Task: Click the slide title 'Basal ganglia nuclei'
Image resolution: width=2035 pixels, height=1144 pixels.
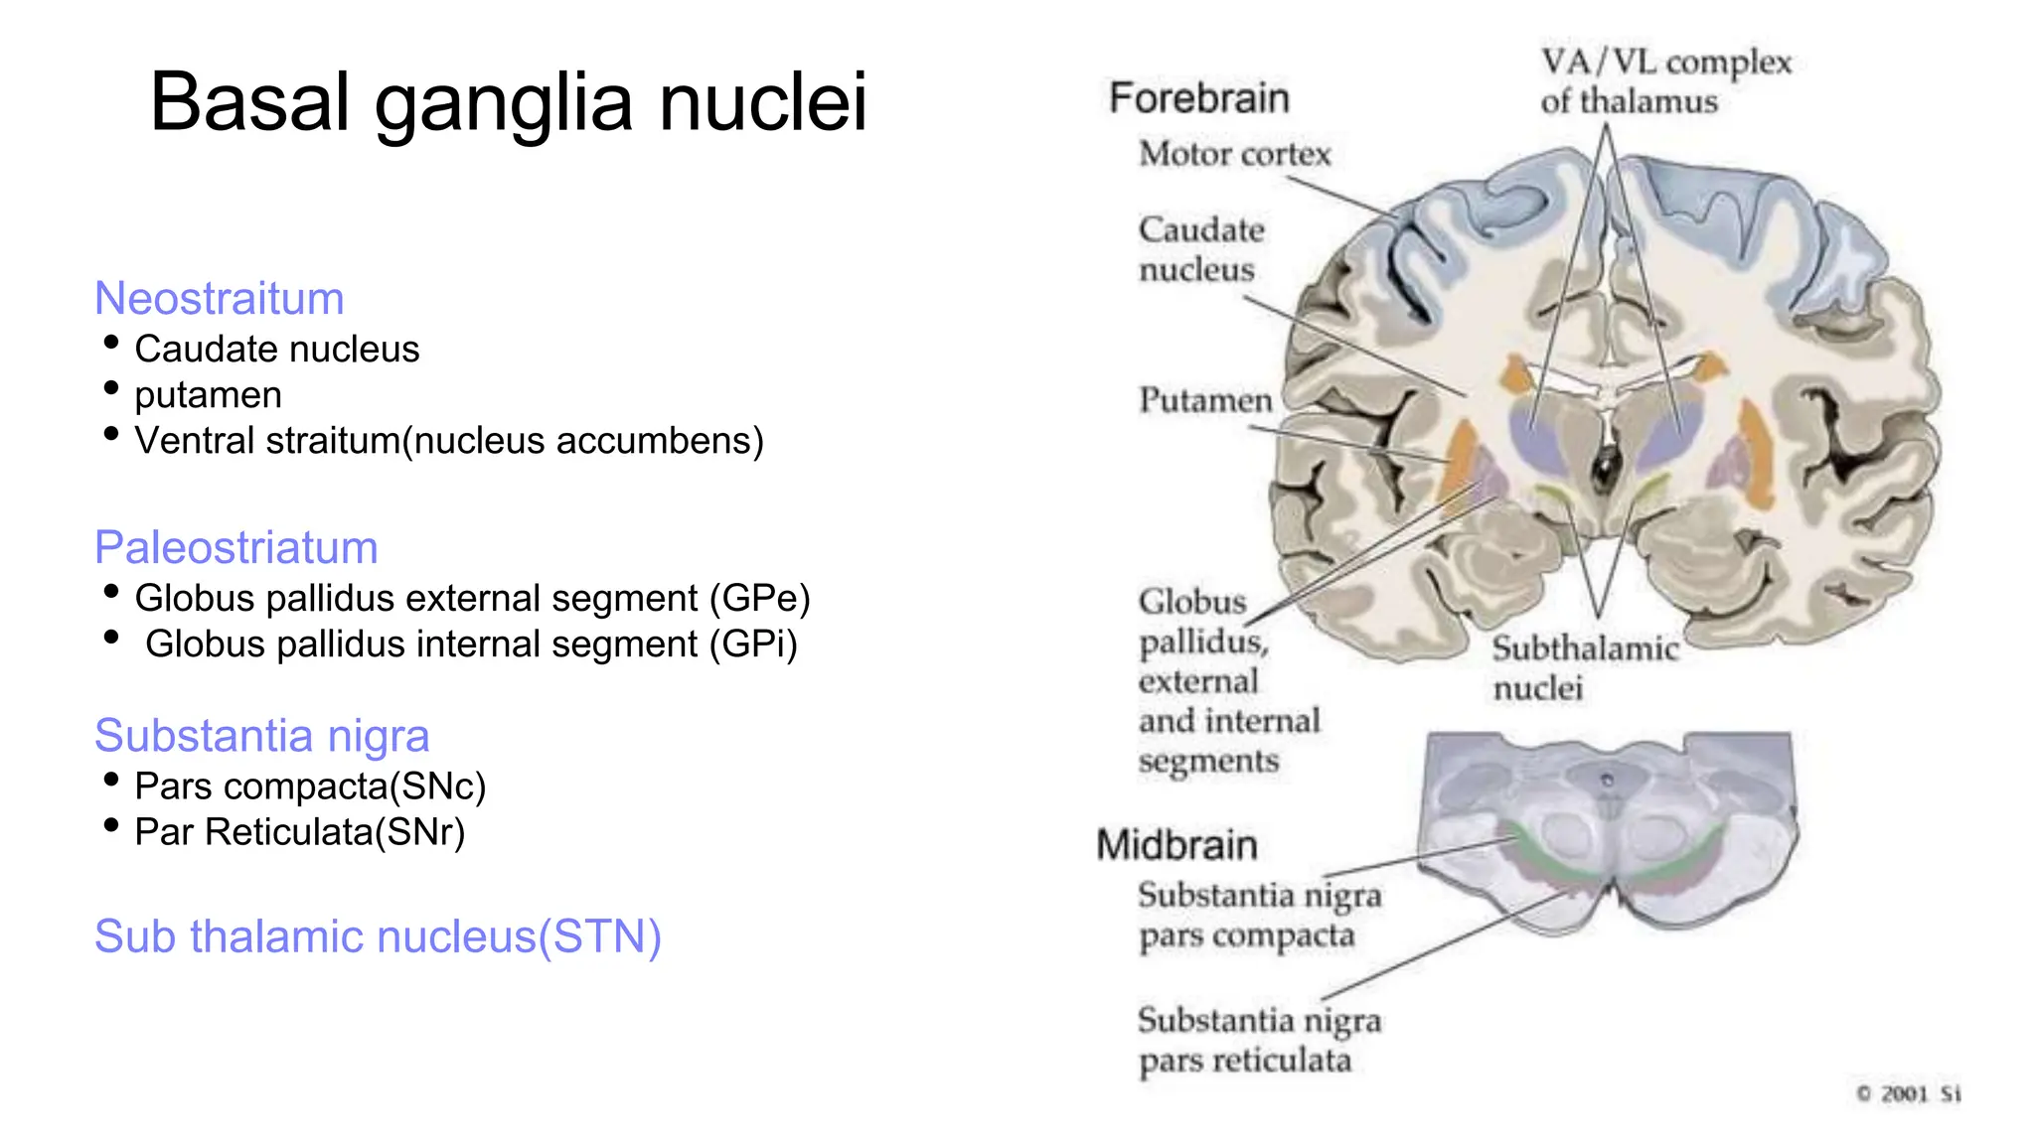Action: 508,102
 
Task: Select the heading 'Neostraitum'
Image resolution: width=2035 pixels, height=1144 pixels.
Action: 219,298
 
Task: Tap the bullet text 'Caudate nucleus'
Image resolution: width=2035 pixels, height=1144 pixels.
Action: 276,350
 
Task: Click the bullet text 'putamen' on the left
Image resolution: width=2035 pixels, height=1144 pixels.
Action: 208,395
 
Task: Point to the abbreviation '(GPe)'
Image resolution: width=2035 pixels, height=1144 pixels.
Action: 759,599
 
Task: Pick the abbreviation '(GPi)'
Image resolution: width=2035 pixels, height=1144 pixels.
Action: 752,644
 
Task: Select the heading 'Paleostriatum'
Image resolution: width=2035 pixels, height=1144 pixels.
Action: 235,547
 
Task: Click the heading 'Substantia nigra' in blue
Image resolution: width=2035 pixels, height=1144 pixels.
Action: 261,736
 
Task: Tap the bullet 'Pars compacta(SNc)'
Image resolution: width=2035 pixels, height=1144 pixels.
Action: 310,786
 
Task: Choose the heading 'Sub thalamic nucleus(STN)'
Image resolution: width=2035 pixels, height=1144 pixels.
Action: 378,936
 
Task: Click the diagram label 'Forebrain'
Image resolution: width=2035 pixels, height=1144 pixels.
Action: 1198,98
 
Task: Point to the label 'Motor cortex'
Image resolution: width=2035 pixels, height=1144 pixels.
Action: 1234,154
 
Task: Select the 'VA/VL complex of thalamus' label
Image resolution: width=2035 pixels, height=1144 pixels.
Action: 1664,81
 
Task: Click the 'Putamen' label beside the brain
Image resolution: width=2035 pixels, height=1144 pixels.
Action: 1204,400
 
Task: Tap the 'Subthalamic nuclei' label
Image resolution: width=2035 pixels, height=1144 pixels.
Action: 1584,667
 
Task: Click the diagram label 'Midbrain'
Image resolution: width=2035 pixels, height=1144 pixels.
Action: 1176,845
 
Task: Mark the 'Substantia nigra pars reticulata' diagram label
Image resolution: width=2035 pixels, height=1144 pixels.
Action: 1258,1040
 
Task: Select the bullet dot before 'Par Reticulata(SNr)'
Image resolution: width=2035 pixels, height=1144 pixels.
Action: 111,825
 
